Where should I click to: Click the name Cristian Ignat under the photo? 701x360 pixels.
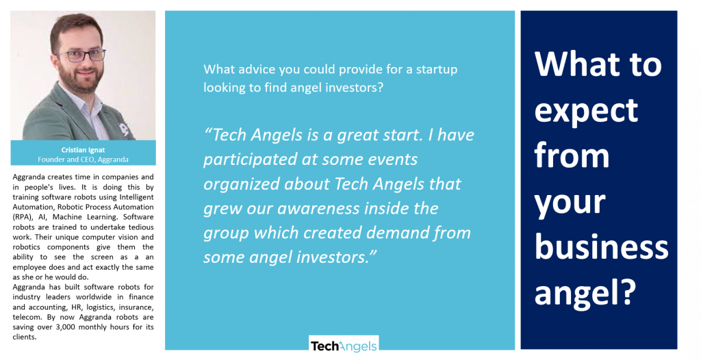tap(83, 150)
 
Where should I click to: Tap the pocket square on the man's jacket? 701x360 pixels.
tap(124, 129)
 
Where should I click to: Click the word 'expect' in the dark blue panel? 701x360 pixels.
tap(586, 110)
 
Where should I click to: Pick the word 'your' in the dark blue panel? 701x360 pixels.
tap(570, 203)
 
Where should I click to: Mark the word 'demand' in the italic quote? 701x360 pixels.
tap(398, 233)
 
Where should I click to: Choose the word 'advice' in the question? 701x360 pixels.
tap(255, 69)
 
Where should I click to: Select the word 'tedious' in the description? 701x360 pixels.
tap(138, 227)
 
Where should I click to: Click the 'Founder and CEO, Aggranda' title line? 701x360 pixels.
tap(83, 159)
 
